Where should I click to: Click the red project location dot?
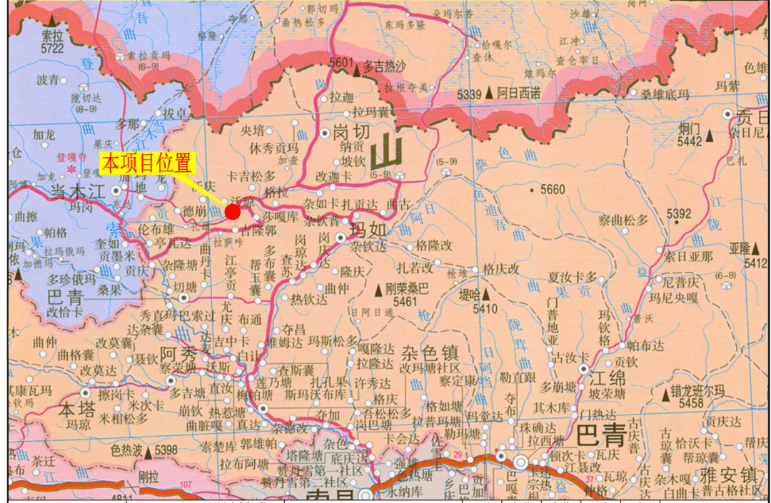click(233, 211)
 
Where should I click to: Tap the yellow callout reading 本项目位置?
click(148, 163)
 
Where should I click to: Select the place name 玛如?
click(370, 230)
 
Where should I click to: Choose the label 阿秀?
click(178, 354)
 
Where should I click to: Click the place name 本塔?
click(76, 411)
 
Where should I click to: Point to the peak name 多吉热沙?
click(384, 66)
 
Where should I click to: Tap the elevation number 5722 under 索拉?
click(52, 49)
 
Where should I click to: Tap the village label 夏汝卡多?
click(572, 276)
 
